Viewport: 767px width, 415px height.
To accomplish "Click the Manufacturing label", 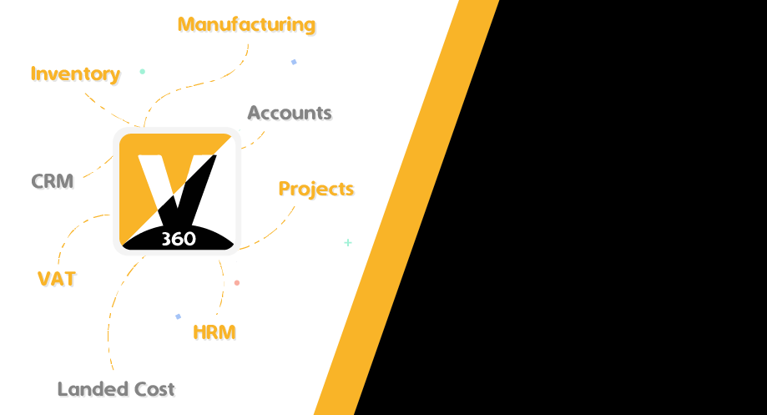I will tap(246, 24).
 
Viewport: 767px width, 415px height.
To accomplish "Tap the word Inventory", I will tap(75, 73).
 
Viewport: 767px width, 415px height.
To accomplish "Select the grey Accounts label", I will tap(290, 113).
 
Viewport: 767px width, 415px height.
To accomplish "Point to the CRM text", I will tap(53, 180).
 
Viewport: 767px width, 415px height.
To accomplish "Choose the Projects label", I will tap(315, 189).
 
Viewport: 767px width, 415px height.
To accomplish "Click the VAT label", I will tap(57, 279).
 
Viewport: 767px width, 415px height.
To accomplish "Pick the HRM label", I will tap(214, 332).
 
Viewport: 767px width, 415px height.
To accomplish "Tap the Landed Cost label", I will tap(116, 389).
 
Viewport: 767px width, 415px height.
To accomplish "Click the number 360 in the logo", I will tap(177, 239).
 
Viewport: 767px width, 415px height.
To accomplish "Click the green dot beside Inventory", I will tap(142, 72).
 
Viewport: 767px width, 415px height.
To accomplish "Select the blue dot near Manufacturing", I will tap(294, 62).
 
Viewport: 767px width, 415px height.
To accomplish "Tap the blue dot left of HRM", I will tap(178, 316).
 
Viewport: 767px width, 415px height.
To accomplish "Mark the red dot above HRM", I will tap(236, 283).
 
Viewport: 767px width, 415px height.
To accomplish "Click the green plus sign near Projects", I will tap(348, 243).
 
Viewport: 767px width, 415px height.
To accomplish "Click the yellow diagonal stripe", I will tap(406, 209).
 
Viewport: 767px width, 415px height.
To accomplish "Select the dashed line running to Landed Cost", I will tap(109, 326).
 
